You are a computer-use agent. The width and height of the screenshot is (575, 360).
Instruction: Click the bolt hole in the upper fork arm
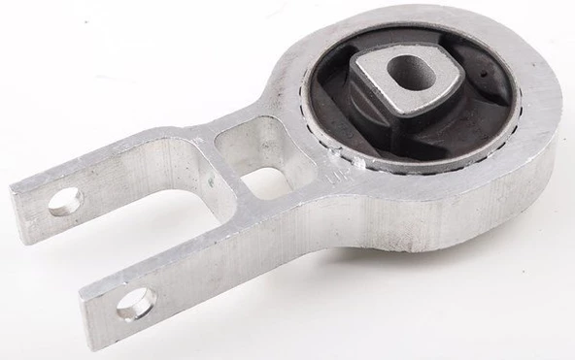[x=65, y=202]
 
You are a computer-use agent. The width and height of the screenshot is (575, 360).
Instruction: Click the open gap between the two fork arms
[x=146, y=233]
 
